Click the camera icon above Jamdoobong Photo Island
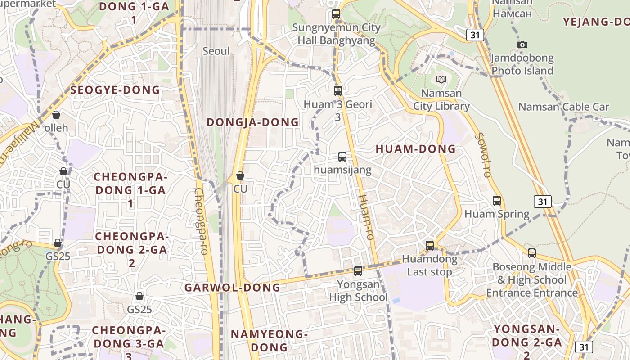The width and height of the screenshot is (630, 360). point(522,45)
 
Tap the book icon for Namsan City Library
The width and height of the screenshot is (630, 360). point(441,80)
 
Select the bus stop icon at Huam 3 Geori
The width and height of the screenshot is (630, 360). point(338,91)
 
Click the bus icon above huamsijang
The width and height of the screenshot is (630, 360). point(342,157)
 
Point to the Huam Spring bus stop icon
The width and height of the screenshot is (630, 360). point(497,201)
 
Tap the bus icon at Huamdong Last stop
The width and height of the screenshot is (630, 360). point(430,246)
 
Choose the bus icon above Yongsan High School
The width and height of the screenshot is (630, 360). point(358,271)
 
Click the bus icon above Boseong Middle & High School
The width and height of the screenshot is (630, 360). point(532,253)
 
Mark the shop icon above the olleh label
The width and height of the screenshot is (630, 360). point(56,115)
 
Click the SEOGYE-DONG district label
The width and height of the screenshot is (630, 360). point(115,90)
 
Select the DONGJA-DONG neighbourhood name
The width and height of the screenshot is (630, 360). point(252,122)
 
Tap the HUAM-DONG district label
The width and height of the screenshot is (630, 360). point(416,149)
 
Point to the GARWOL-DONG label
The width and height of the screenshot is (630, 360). point(232,288)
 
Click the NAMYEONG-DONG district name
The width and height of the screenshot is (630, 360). point(269,341)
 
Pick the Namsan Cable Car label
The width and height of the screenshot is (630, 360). point(563,107)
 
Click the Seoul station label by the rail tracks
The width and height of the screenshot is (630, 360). point(216,51)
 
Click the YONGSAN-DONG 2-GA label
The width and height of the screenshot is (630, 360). point(527,336)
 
